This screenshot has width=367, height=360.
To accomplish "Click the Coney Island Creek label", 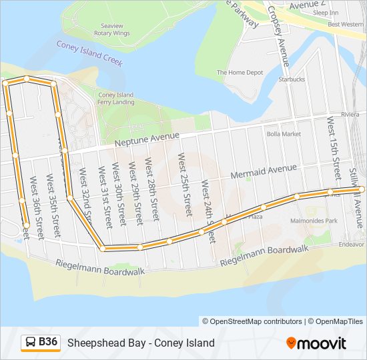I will click(x=90, y=52).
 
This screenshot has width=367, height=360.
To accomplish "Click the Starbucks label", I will click(x=292, y=79).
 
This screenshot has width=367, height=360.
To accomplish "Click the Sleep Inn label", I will click(x=325, y=13).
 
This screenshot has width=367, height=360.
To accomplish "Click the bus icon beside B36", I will click(x=30, y=343).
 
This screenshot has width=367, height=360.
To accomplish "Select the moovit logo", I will click(x=316, y=343).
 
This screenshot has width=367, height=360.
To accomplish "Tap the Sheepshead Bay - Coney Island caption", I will click(x=141, y=343).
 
